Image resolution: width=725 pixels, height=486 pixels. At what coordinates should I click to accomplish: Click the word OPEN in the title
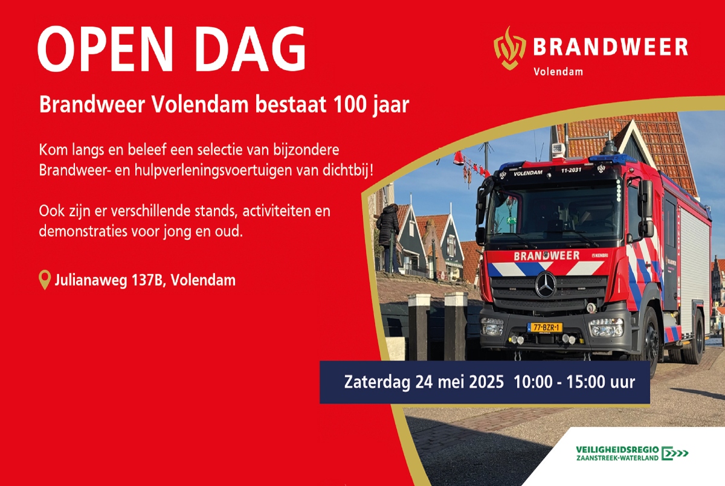106,49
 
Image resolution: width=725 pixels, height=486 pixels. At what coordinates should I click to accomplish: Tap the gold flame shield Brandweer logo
510,48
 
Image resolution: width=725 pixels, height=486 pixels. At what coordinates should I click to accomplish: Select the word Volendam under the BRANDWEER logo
558,71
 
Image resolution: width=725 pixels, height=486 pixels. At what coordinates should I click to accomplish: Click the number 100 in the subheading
350,104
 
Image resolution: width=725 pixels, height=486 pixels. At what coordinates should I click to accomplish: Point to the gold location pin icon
45,280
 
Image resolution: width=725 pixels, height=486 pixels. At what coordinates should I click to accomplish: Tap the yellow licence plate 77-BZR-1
545,328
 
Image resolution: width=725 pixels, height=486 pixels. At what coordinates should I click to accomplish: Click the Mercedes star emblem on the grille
546,285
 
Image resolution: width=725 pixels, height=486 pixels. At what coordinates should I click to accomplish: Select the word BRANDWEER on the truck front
547,256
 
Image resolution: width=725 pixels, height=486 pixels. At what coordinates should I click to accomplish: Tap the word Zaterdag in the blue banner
377,383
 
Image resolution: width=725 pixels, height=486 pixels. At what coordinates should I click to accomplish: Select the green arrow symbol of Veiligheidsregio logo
674,453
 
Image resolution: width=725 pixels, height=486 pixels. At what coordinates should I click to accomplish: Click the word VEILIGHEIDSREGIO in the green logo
617,450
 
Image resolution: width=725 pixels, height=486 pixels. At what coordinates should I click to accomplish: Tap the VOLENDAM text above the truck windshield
528,173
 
